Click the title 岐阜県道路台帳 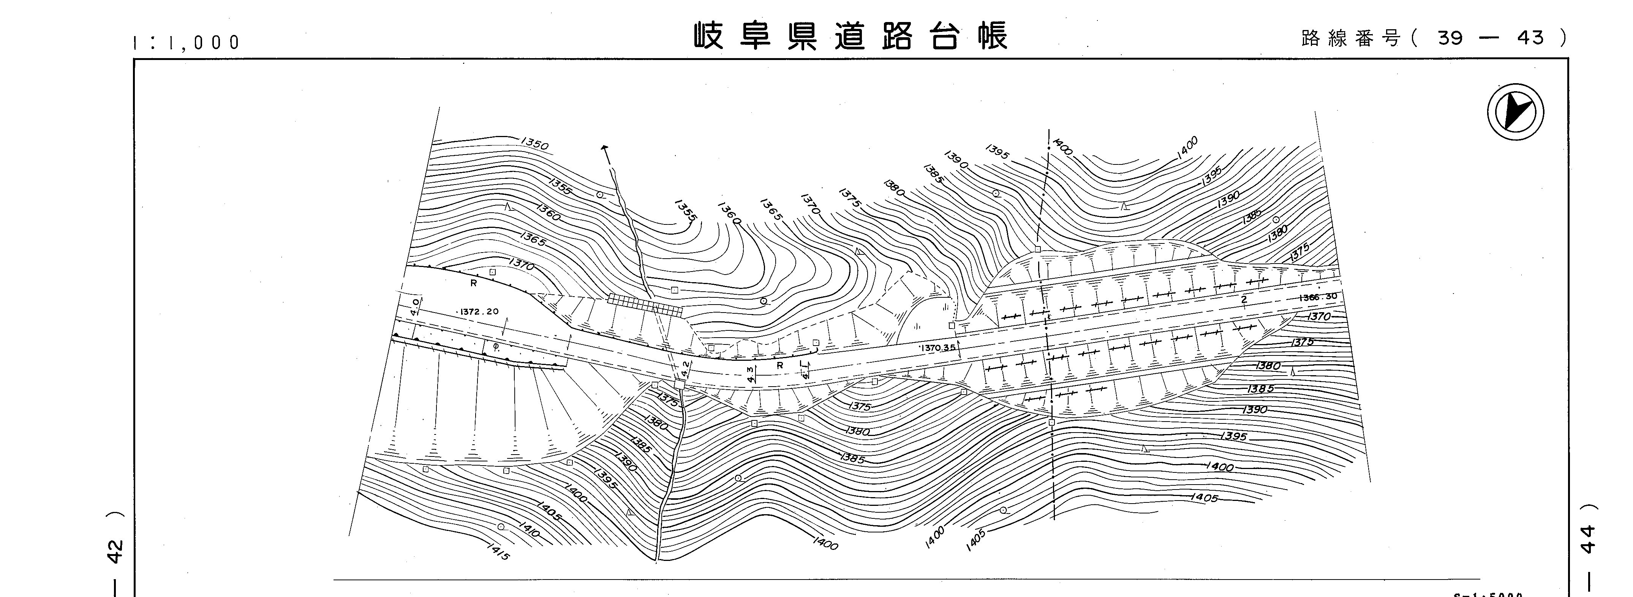849,37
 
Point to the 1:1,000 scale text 187,43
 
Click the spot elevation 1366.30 1318,297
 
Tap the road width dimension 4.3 752,374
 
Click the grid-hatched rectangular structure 645,305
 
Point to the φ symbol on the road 496,347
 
